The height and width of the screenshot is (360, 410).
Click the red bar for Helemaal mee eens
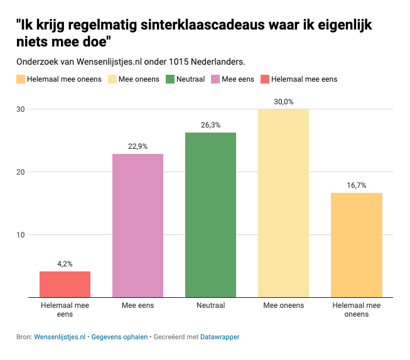click(65, 284)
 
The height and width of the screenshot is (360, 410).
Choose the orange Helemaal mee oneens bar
click(356, 245)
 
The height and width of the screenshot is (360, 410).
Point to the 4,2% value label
click(65, 264)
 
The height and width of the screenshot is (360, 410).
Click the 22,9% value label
click(138, 146)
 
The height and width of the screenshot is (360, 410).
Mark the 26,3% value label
click(210, 125)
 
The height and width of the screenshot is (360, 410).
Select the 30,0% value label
click(283, 102)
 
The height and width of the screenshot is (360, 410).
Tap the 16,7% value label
click(356, 185)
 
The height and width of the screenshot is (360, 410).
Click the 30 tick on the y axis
click(21, 109)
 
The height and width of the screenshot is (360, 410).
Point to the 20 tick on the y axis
click(21, 172)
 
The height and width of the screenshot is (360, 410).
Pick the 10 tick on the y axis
click(21, 235)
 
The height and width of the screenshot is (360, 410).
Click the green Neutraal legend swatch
click(170, 79)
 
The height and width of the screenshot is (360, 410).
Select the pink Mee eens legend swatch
click(215, 79)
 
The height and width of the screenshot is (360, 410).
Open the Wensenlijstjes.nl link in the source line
click(60, 337)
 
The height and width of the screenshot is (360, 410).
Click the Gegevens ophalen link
click(119, 337)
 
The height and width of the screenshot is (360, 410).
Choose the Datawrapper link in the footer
click(220, 337)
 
